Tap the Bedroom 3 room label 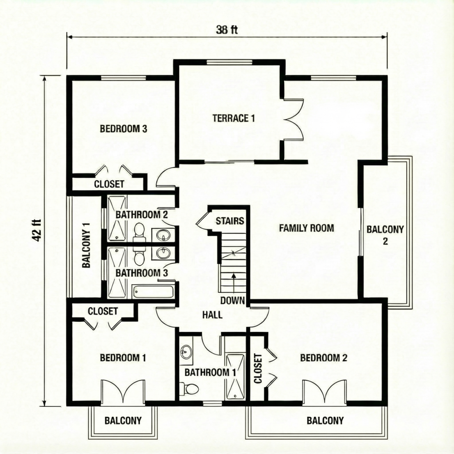click(123, 129)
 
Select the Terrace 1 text click(233, 118)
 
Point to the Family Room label click(306, 228)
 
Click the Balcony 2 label click(385, 235)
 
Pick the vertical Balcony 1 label click(86, 246)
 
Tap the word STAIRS click(230, 221)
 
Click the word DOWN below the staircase click(232, 301)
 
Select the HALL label click(212, 315)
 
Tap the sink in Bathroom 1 click(186, 351)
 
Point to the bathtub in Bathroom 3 click(153, 291)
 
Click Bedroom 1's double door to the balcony click(122, 392)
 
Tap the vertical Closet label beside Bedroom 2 click(258, 368)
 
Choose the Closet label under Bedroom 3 click(109, 184)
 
